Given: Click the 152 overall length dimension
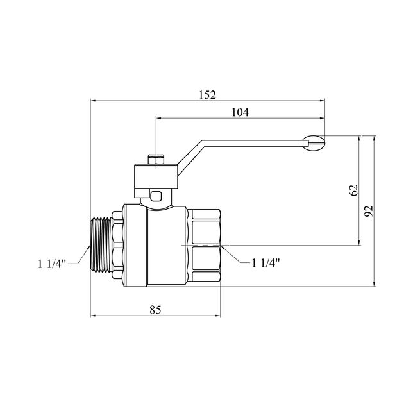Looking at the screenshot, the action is (207, 95).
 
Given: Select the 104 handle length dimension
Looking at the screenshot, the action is (240, 112).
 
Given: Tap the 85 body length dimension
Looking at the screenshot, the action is (155, 310).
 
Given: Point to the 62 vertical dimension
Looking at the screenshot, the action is (353, 190).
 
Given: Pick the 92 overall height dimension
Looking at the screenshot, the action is (369, 211).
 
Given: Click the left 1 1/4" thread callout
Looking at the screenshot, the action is (52, 264).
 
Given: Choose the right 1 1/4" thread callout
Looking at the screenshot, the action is (265, 263).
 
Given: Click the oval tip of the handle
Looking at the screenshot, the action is (314, 143).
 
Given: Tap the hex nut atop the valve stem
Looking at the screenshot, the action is (156, 160).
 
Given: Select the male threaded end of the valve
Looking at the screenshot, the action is (101, 244).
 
